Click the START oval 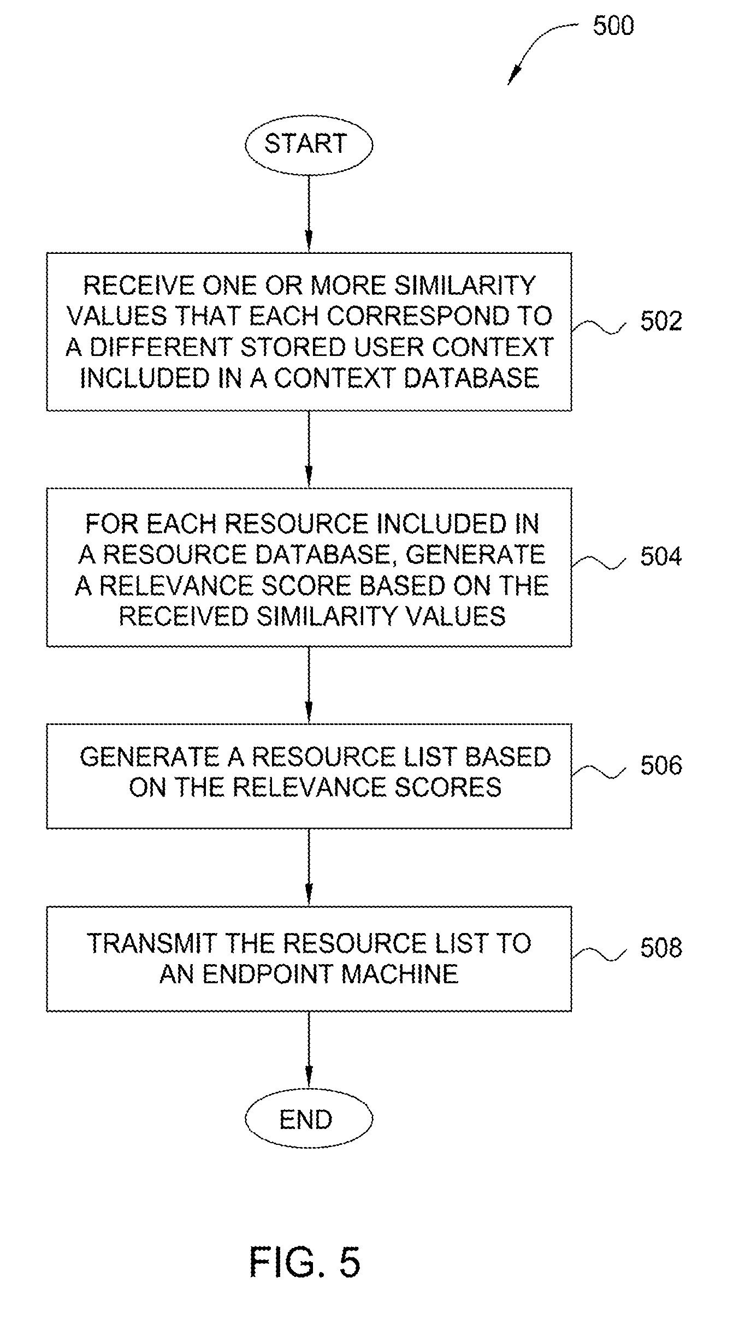(309, 144)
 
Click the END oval (309, 1119)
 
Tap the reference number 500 (613, 26)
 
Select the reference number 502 (661, 321)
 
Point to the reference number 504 (661, 556)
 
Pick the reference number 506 (661, 765)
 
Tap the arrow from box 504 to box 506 (309, 685)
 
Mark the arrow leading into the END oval (309, 1049)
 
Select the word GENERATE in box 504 (475, 555)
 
